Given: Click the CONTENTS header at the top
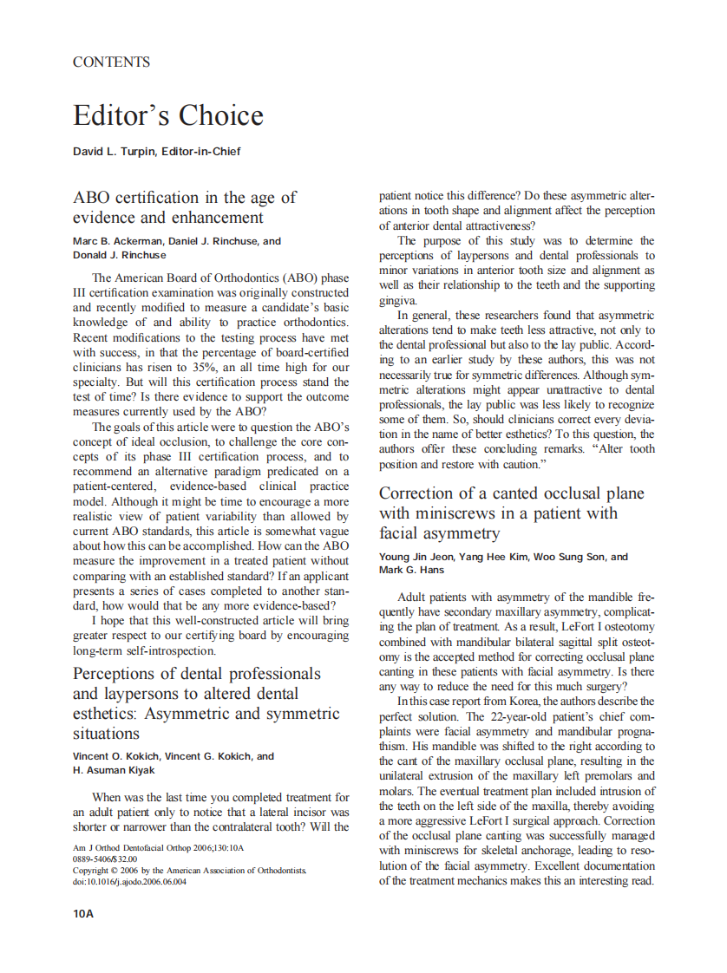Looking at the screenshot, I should coord(111,62).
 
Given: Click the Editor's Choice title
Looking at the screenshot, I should coord(167,115).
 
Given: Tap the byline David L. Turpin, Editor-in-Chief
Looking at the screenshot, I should coord(156,152).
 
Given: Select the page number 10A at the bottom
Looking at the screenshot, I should coord(83,914).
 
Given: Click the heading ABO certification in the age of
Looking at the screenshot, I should coord(185,198).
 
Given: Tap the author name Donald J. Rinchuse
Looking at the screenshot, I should coord(119,256).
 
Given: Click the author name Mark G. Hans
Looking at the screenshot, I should coord(412,570).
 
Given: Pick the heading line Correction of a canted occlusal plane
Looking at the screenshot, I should coord(511,493).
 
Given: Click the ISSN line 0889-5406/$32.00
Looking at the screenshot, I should coord(104,859).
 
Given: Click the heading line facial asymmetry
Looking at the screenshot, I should coord(439,533).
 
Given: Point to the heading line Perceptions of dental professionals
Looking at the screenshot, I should coord(196,674).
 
